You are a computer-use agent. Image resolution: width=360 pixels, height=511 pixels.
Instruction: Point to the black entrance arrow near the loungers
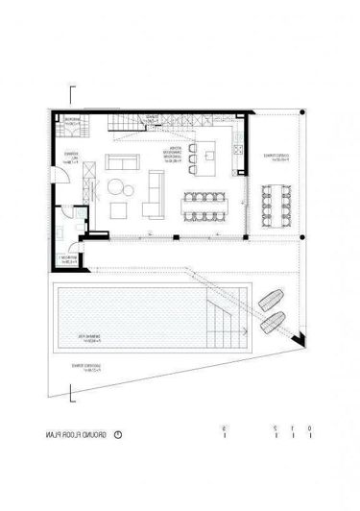coord(300,337)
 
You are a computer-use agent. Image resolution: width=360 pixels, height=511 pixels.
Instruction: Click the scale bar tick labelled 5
coord(223,431)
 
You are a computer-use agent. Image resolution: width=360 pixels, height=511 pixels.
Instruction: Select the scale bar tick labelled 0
coord(290,431)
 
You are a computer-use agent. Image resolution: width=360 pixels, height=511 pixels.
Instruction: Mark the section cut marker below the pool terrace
coord(72,392)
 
